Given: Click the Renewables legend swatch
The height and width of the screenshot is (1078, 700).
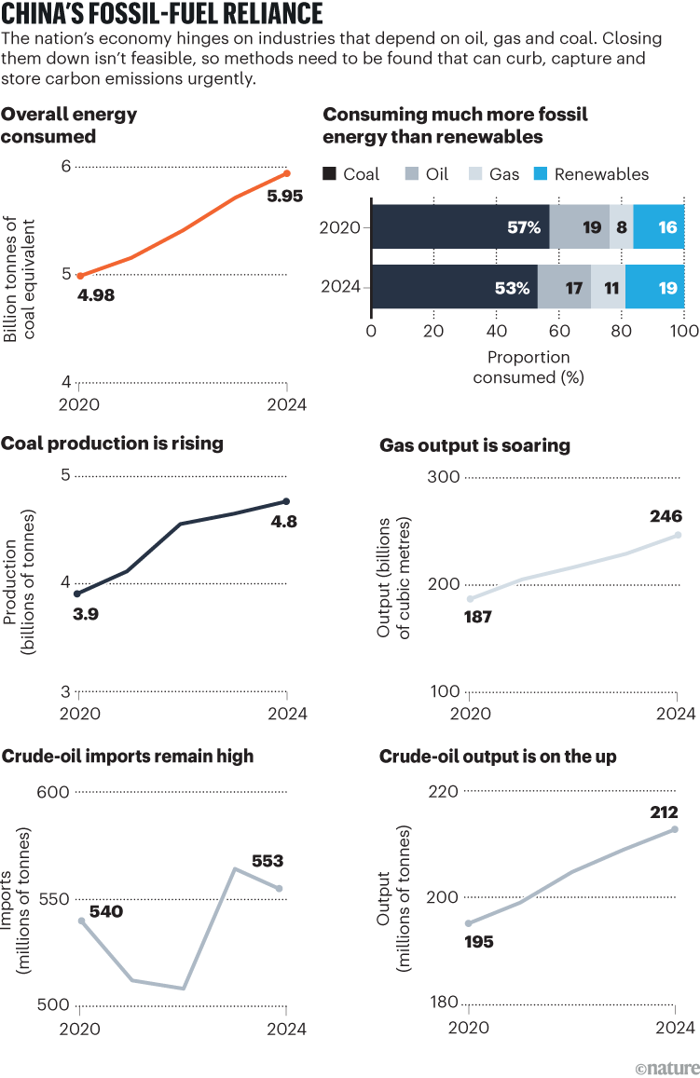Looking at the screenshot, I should pyautogui.click(x=542, y=174).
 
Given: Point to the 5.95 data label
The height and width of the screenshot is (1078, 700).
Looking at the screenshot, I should pyautogui.click(x=285, y=197).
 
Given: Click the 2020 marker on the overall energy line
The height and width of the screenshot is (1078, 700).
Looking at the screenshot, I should pyautogui.click(x=80, y=276).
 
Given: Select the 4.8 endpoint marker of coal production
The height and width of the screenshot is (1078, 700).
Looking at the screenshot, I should pyautogui.click(x=287, y=501).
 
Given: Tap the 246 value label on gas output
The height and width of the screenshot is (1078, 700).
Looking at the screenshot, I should pyautogui.click(x=667, y=516).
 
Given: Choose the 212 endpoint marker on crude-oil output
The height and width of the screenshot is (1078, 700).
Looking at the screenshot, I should pyautogui.click(x=675, y=829).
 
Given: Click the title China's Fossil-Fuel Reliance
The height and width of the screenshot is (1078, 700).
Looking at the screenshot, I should pyautogui.click(x=163, y=14).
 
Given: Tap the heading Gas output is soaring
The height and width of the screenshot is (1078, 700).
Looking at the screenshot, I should pyautogui.click(x=474, y=446).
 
